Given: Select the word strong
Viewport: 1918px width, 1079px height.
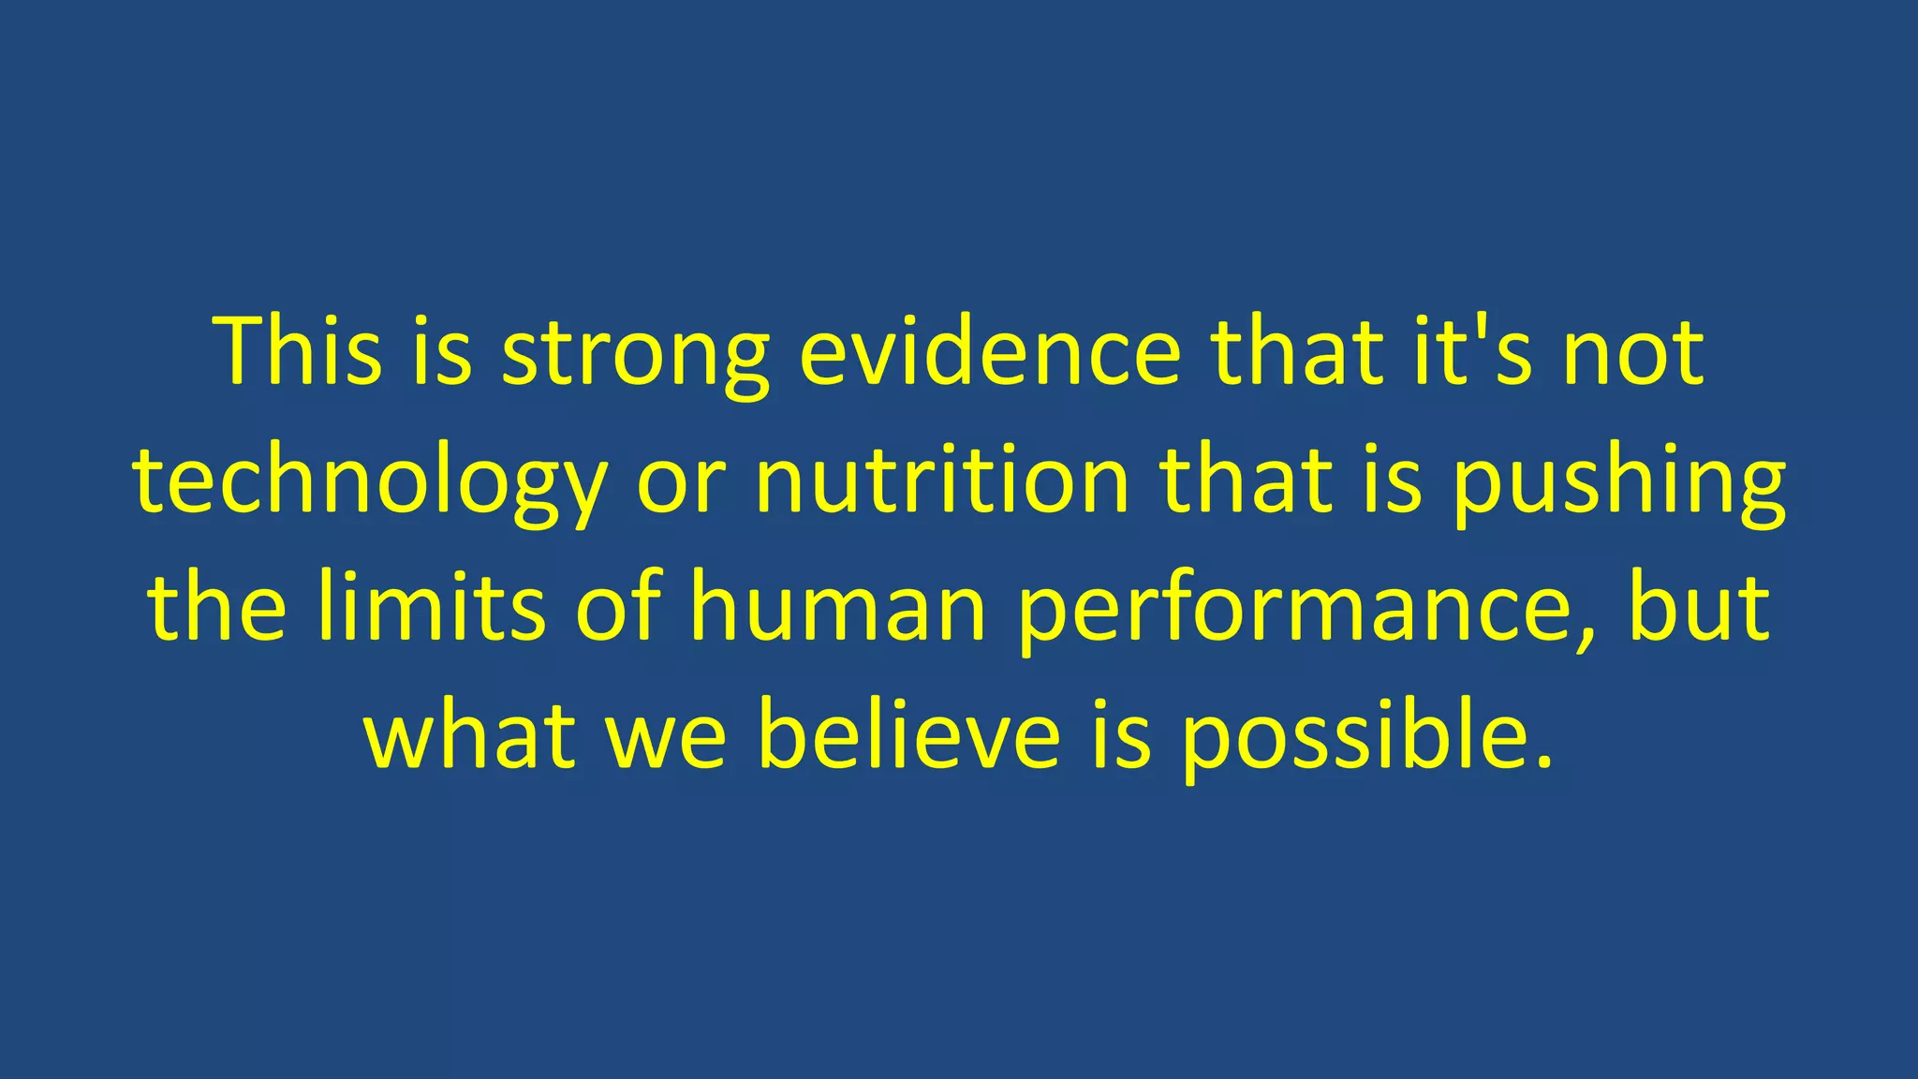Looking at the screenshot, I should click(x=636, y=356).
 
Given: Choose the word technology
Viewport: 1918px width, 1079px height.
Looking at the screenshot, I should click(x=370, y=483).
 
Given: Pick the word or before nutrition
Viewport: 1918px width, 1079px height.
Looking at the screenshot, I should click(x=681, y=485).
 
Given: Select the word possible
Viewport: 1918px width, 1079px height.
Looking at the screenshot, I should click(x=1345, y=737).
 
